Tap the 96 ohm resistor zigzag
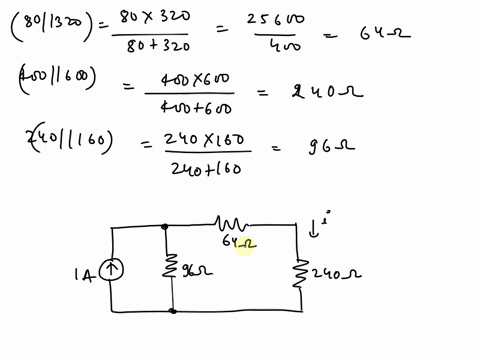click(172, 268)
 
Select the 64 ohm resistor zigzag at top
click(234, 224)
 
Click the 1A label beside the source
click(84, 271)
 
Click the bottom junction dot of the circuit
click(173, 310)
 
